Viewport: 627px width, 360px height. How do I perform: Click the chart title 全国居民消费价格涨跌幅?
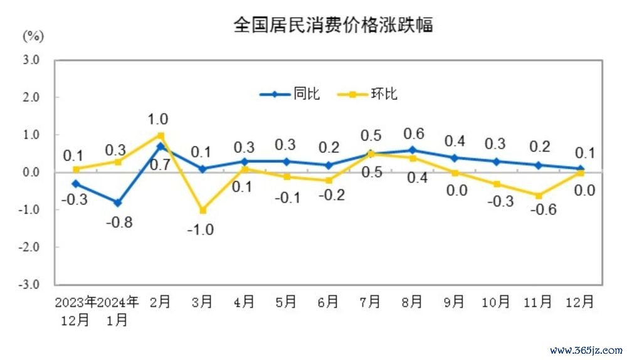[x=333, y=25]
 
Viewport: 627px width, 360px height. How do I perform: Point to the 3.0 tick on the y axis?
[x=31, y=60]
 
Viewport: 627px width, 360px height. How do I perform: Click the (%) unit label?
[x=34, y=36]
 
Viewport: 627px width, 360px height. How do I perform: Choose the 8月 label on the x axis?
[x=412, y=302]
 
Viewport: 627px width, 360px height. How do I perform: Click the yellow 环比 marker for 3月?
[x=202, y=210]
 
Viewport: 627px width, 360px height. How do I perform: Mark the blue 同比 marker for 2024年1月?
[x=118, y=203]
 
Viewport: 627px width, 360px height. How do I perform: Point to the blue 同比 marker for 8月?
[x=412, y=150]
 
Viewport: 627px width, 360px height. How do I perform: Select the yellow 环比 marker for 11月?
[x=538, y=196]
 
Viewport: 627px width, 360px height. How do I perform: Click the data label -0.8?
[x=117, y=222]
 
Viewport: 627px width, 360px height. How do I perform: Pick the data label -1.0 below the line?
[x=201, y=230]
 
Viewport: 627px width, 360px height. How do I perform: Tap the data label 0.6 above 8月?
[x=414, y=134]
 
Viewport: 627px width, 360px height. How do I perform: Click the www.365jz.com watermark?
[x=586, y=350]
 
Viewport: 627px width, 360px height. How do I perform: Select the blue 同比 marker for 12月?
[x=580, y=169]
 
